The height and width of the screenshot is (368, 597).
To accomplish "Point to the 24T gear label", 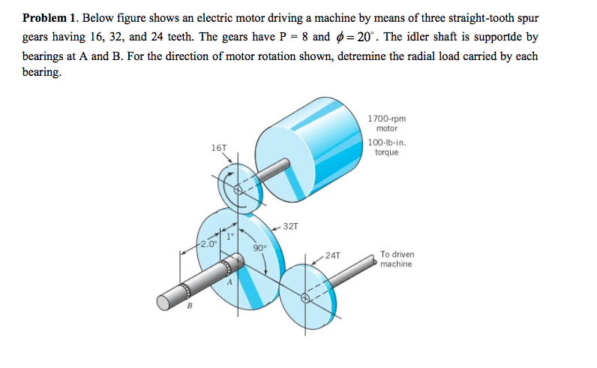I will [334, 255].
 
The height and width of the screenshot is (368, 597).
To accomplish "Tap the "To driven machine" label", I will [397, 259].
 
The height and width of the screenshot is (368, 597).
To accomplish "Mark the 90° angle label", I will [259, 247].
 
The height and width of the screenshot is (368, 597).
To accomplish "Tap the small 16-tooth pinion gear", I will [240, 189].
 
